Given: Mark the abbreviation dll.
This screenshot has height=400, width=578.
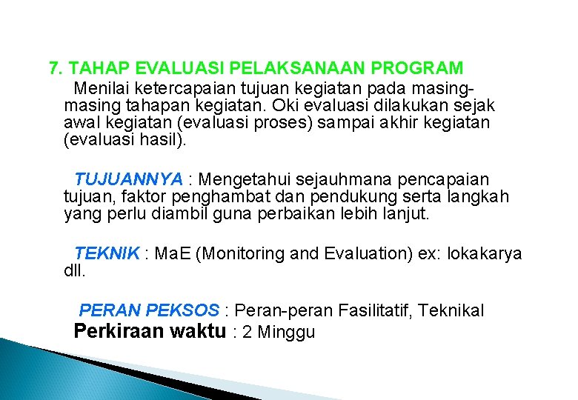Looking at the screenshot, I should [75, 272].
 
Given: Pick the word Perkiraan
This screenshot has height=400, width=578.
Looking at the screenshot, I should [120, 331].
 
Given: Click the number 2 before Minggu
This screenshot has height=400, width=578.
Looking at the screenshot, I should [247, 333].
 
